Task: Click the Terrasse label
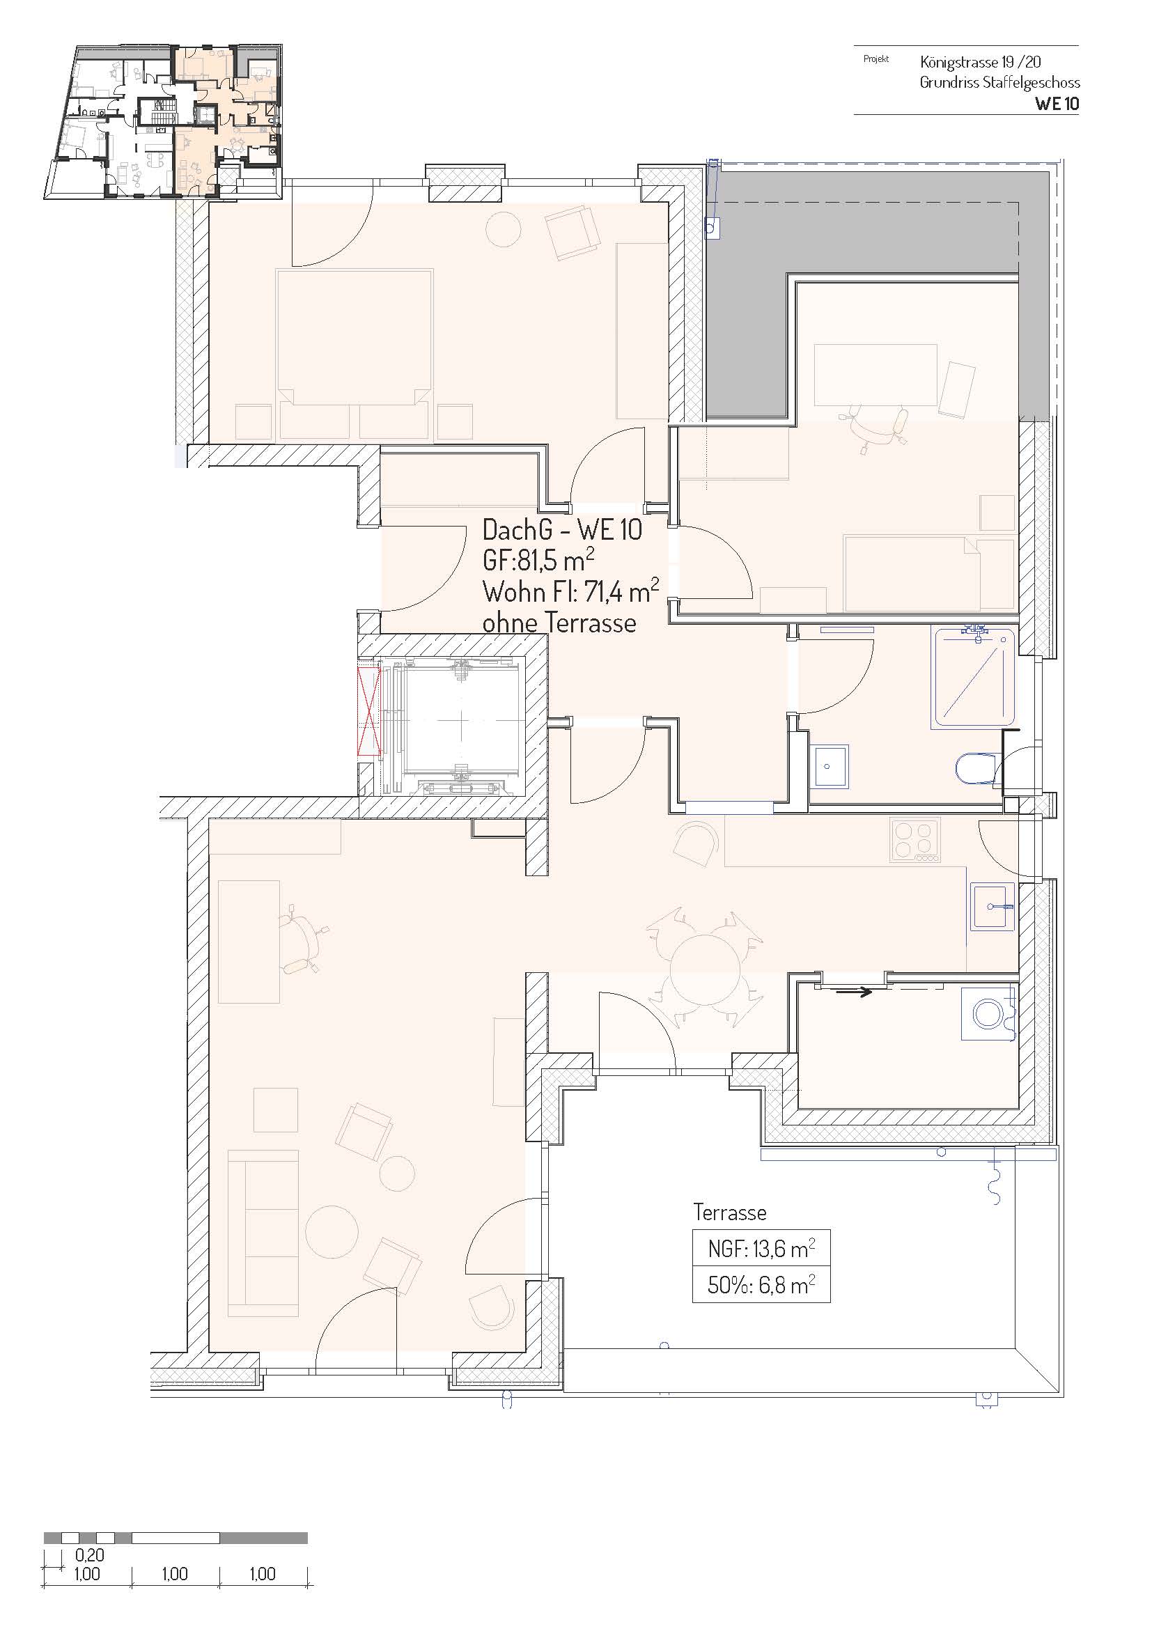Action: click(729, 1213)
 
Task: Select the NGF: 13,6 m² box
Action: click(761, 1249)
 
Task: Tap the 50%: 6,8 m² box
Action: click(761, 1285)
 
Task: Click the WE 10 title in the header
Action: click(1057, 104)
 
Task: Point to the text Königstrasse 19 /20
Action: click(981, 62)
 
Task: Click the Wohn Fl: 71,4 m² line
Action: click(570, 591)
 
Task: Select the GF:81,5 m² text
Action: click(538, 561)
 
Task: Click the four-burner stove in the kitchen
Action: click(914, 840)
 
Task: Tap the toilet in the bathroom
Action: click(974, 769)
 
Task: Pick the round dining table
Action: click(705, 970)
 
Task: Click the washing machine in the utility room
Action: click(988, 1013)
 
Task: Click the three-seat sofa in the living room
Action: click(263, 1233)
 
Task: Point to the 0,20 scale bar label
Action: click(89, 1555)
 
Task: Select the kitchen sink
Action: click(992, 907)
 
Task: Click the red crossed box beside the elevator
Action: click(369, 711)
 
